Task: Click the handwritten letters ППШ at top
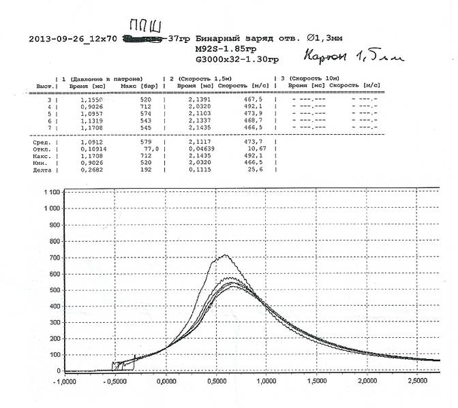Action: pos(147,27)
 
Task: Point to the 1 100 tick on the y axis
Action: pos(48,193)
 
